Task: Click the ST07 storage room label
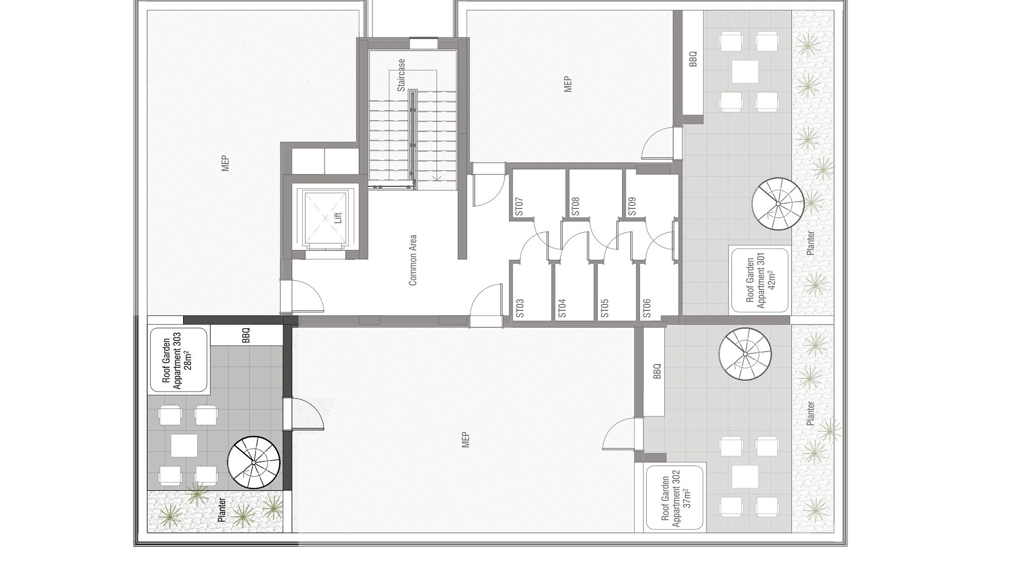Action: click(x=519, y=206)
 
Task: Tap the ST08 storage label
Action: click(x=576, y=206)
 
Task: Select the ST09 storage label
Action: click(x=632, y=206)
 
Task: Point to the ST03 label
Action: click(x=520, y=308)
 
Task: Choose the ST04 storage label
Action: click(x=562, y=308)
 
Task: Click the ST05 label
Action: click(x=605, y=308)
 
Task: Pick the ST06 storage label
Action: click(x=647, y=308)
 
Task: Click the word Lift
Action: click(x=338, y=217)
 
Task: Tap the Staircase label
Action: click(x=402, y=75)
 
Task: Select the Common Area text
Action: click(x=413, y=260)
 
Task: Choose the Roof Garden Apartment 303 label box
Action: click(x=179, y=360)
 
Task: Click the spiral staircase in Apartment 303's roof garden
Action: click(x=254, y=463)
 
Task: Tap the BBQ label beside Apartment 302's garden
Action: click(x=657, y=371)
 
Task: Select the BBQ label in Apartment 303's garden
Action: click(x=246, y=336)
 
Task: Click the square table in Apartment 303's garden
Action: click(x=184, y=445)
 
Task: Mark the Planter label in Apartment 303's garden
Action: click(x=222, y=510)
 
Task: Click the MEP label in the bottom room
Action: click(x=465, y=440)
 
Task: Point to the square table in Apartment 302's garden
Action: click(x=745, y=477)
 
